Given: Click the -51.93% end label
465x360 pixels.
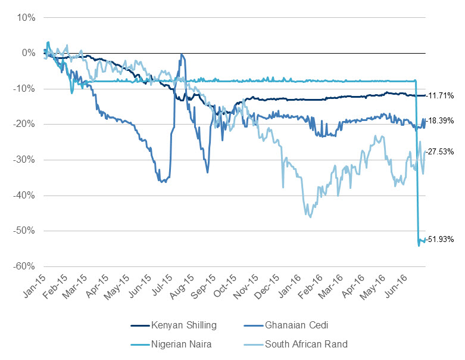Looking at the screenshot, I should coord(441,240).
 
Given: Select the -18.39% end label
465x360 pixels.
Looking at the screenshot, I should coord(440,120).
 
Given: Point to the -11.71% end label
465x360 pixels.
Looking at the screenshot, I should coord(440,95).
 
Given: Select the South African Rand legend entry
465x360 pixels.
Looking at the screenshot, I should coord(305,344).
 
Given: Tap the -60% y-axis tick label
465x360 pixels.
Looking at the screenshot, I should coord(24,266).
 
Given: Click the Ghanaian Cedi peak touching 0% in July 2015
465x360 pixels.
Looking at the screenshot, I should coord(182,55).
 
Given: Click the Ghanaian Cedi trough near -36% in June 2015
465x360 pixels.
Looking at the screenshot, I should coord(163,181).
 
